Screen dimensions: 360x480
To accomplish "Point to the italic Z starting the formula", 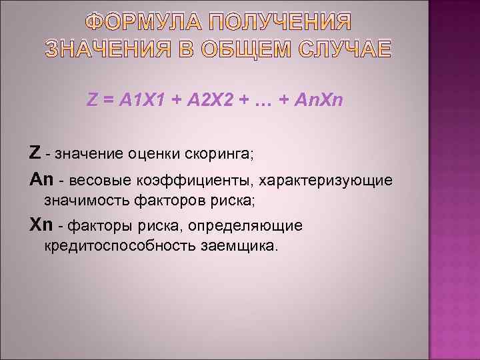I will [93, 100].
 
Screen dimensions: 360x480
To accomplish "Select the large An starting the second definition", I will [40, 180].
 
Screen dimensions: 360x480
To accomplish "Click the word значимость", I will [83, 199].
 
